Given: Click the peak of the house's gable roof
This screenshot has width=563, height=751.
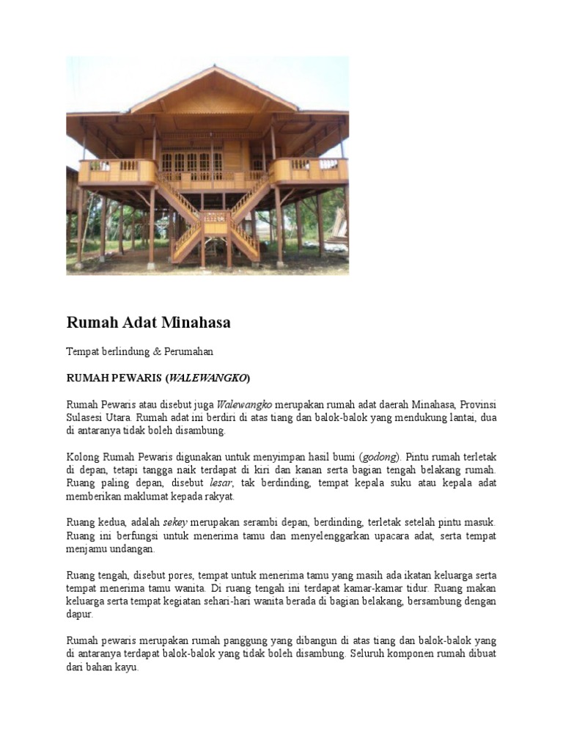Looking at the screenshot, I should (214, 69).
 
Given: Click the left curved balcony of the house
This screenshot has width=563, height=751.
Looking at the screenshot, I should (117, 172).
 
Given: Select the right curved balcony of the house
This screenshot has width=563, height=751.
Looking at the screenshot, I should (309, 170).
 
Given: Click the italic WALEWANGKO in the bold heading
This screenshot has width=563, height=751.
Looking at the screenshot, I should (208, 378).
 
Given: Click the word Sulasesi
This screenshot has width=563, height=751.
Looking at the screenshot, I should (88, 417).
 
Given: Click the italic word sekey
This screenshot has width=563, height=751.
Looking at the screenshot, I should (174, 522).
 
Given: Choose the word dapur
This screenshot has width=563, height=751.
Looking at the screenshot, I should (79, 615).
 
